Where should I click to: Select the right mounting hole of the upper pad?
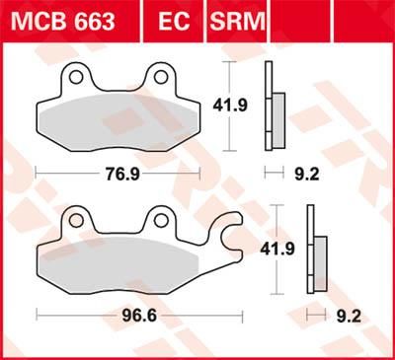tap(159, 76)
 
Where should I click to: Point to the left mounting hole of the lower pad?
tap(75, 218)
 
